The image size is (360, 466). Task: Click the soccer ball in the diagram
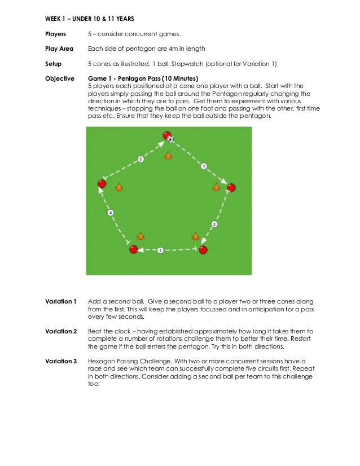point(171,138)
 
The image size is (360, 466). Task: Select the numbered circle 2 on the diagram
point(214,225)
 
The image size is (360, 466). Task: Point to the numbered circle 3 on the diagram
point(160,249)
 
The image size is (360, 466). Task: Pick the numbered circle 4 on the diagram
point(111,213)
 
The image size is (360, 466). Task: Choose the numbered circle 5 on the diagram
point(141,160)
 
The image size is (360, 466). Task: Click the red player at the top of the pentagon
point(166,135)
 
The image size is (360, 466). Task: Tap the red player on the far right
point(231,187)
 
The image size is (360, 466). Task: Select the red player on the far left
point(102,184)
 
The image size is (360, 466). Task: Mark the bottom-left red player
point(133,249)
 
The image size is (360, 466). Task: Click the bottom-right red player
point(203,250)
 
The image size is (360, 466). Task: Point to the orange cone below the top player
point(168,154)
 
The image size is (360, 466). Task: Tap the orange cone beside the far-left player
point(119,186)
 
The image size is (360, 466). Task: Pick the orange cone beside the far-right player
point(216,186)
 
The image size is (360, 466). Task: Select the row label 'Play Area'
point(59,49)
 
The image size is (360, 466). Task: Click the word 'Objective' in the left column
point(59,78)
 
